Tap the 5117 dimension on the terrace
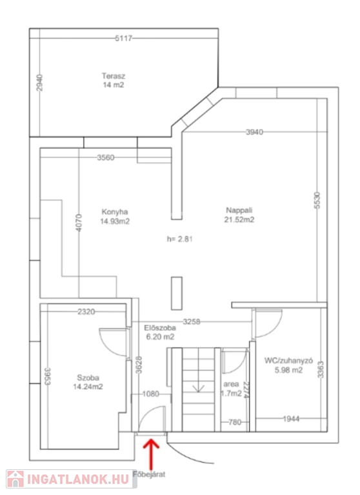(x=123, y=39)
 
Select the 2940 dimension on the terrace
(x=39, y=82)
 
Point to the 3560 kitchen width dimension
(x=106, y=157)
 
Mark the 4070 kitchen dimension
(x=79, y=222)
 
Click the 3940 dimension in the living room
(x=254, y=132)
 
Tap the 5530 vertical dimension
(x=317, y=200)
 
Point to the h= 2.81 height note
(x=179, y=239)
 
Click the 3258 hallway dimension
(x=192, y=322)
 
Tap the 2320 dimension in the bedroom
(x=86, y=312)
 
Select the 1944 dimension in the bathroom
(x=291, y=419)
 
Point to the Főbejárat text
(x=149, y=474)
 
